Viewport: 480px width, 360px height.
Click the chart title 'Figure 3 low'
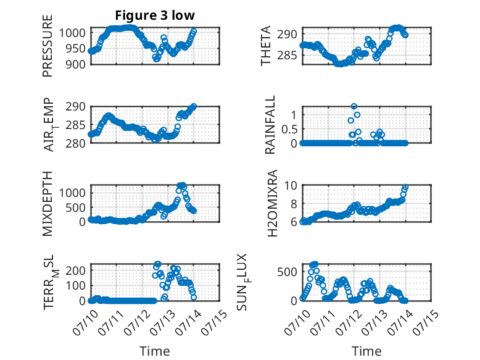point(155,15)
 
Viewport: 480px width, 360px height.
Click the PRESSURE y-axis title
point(48,46)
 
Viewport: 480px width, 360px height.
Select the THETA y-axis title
point(266,46)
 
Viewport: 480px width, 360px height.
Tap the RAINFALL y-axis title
point(270,125)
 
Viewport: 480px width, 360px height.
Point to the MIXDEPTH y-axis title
point(48,204)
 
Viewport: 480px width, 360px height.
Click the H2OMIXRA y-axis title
point(273,203)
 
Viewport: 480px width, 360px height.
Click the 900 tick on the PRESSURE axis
point(76,64)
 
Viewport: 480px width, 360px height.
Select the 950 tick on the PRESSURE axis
point(76,48)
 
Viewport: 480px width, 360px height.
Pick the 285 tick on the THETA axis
point(287,56)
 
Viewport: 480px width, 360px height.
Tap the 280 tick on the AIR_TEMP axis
point(76,143)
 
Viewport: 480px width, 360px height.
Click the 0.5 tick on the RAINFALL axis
point(289,129)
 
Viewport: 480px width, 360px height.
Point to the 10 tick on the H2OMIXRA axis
point(291,185)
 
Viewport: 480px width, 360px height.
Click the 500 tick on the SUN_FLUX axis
point(287,272)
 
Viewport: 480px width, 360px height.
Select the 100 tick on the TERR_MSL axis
point(76,285)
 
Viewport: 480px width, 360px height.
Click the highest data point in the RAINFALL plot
point(354,107)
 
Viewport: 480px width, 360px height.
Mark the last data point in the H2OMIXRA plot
point(405,187)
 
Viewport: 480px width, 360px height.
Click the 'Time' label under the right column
point(366,351)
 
